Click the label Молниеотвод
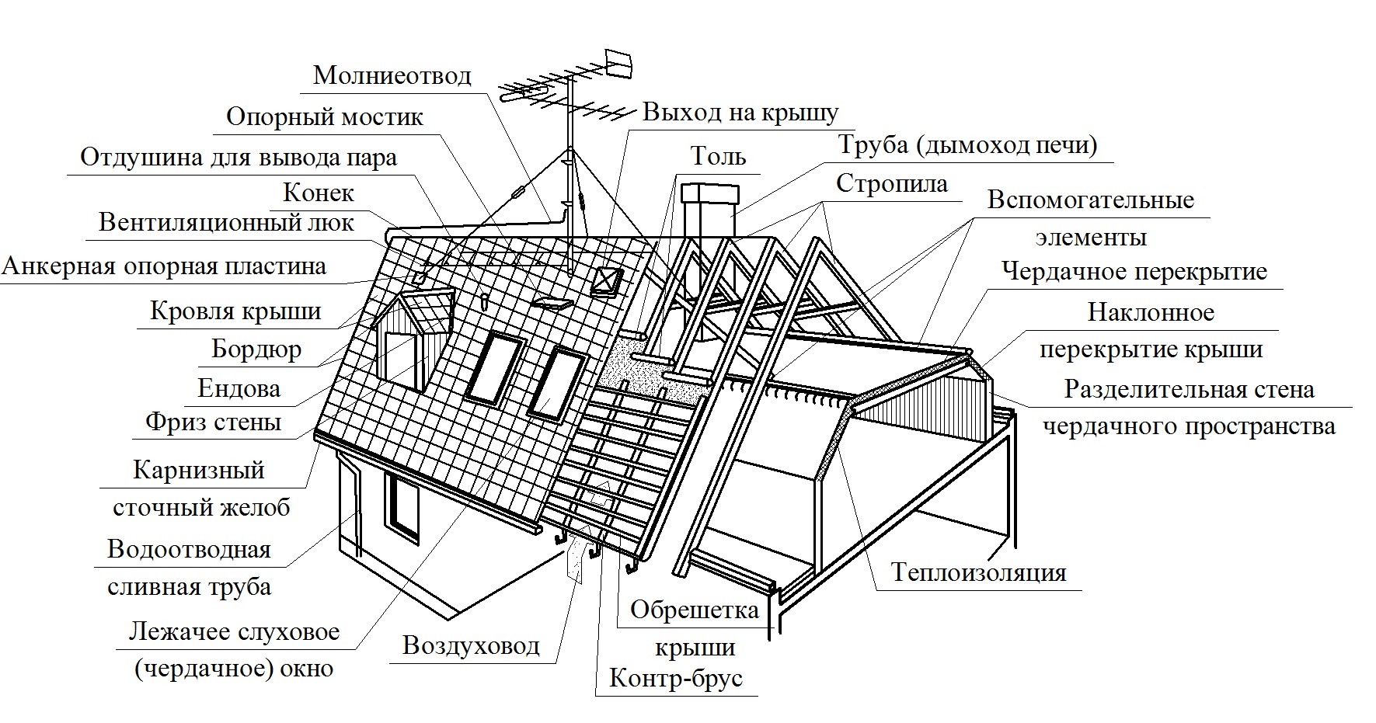pos(392,75)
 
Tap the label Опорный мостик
pos(325,116)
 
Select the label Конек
pos(319,192)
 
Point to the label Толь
pos(718,157)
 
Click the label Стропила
pos(892,183)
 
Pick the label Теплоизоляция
pos(978,572)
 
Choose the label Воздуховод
pos(471,645)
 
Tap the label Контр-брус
pos(676,678)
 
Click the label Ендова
pos(239,388)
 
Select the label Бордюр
pos(256,349)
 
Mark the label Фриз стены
pos(213,422)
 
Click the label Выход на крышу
pos(740,113)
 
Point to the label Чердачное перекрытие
pos(1134,272)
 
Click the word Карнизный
pos(199,470)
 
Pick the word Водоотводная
pos(189,549)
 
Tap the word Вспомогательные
pos(1090,200)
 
